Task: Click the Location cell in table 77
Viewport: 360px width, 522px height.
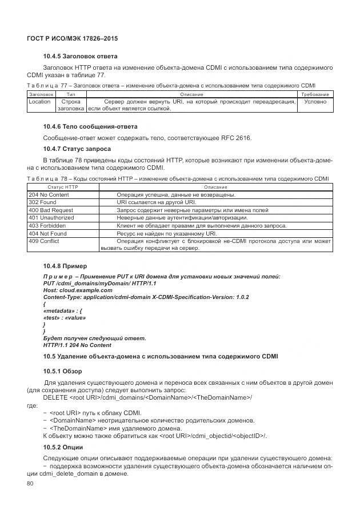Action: (39, 102)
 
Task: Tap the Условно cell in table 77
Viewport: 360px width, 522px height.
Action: (315, 102)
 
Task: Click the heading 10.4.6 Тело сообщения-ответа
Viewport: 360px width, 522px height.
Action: (90, 126)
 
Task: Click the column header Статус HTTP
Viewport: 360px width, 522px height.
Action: (63, 187)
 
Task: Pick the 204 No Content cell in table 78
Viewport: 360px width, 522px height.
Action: (49, 195)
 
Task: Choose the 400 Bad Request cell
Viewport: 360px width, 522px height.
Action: (51, 210)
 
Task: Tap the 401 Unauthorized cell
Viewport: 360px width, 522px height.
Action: (51, 218)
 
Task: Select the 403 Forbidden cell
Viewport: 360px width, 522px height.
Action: (47, 226)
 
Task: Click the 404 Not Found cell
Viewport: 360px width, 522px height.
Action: (47, 233)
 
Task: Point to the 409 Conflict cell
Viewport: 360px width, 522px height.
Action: (44, 241)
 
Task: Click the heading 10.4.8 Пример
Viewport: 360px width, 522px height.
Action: (65, 266)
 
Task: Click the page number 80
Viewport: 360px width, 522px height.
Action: (31, 484)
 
